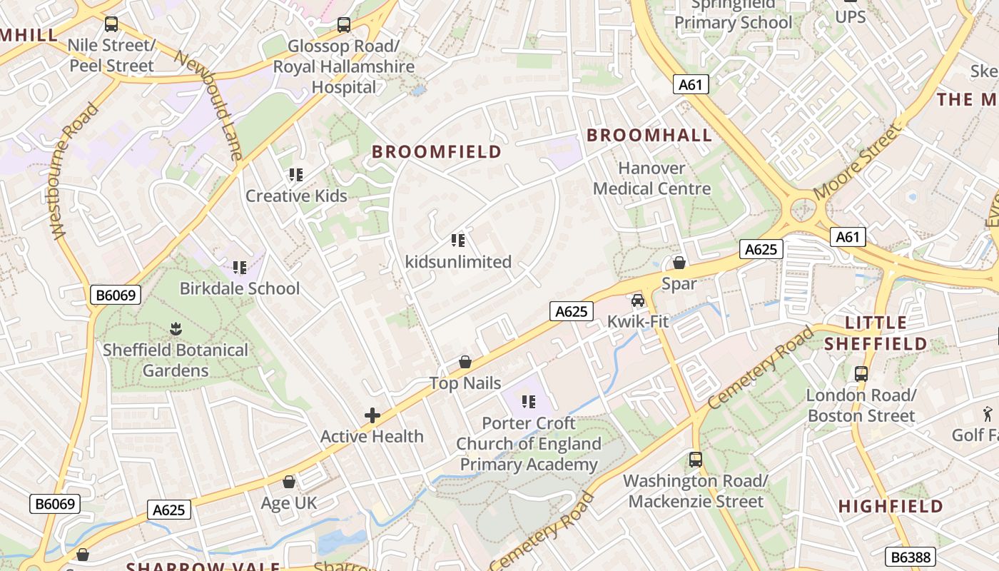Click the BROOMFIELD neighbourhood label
437,151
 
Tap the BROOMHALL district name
649,135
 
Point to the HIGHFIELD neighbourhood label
891,507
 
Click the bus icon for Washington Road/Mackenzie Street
696,460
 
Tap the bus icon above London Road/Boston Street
861,373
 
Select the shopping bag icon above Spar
679,263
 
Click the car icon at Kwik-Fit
638,300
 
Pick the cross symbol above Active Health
372,415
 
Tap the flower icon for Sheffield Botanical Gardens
176,329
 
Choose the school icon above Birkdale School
240,268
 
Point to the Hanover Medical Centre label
652,178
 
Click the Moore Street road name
856,162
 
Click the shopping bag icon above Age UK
289,482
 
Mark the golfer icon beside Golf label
988,413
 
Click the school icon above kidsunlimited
458,241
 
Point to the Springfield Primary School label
733,14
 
